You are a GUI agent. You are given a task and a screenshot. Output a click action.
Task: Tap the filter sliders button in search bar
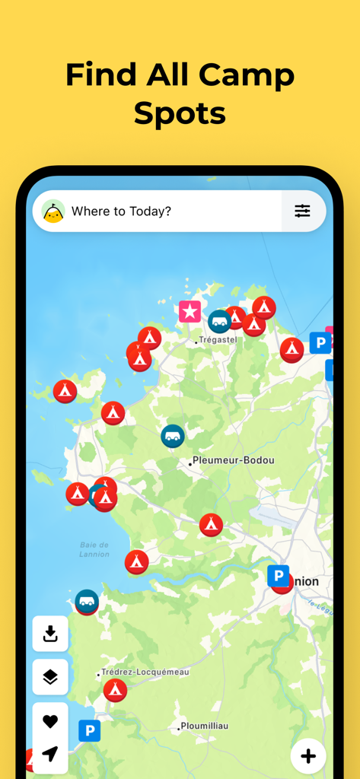[x=302, y=211]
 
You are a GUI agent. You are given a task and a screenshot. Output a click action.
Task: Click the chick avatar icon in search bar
[x=53, y=211]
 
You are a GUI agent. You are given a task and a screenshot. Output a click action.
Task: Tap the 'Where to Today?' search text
[x=121, y=211]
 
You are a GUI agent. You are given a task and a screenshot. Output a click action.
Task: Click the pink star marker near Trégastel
[x=190, y=311]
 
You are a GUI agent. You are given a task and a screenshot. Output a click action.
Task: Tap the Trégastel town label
[x=217, y=340]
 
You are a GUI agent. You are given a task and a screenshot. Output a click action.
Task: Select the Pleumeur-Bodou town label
[x=233, y=460]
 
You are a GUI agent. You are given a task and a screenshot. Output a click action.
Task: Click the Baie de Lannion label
[x=94, y=549]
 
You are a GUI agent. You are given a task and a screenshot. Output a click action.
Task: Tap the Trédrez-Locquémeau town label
[x=144, y=672]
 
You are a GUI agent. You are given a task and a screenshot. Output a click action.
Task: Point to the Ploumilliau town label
[x=203, y=727]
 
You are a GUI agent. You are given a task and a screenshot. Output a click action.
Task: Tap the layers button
[x=50, y=677]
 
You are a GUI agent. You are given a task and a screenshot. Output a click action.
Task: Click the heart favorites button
[x=50, y=721]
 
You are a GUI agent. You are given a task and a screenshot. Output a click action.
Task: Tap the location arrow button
[x=50, y=754]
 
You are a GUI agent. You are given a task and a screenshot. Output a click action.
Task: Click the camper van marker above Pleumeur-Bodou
[x=173, y=436]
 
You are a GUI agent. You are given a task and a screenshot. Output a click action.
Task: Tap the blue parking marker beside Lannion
[x=279, y=576]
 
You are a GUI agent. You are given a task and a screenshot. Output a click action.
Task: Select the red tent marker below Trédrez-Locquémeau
[x=115, y=690]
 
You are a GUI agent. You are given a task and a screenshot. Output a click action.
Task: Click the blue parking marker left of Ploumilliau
[x=90, y=731]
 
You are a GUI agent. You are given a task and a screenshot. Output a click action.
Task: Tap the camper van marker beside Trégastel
[x=220, y=321]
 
